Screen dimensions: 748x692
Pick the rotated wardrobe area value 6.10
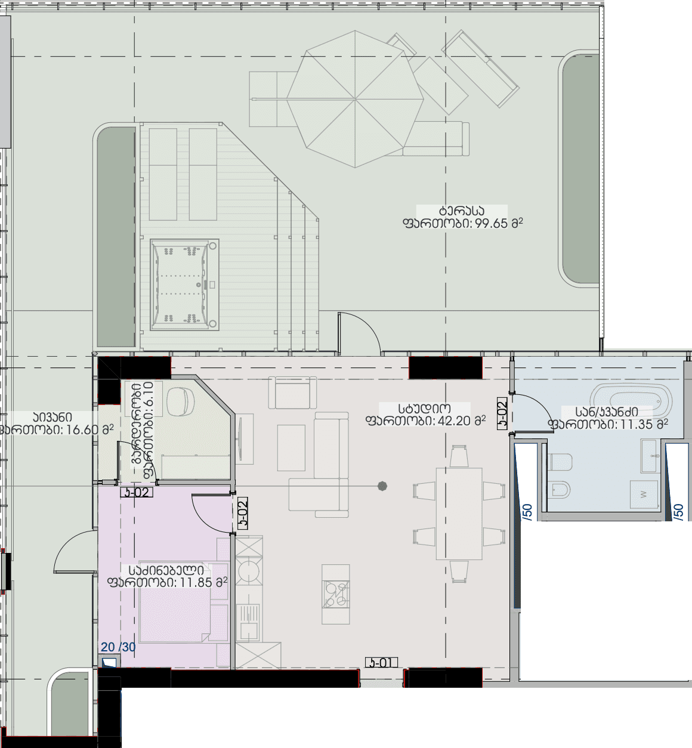[x=148, y=429]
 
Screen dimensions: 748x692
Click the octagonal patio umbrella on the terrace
[x=356, y=98]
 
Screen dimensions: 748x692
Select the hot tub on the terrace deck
[x=184, y=285]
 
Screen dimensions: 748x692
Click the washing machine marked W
[x=643, y=494]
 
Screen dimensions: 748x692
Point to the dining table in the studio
[x=459, y=514]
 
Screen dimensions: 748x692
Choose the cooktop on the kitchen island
[x=335, y=594]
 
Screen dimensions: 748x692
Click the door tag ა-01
[x=381, y=663]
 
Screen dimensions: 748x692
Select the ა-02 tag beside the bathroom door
[x=502, y=413]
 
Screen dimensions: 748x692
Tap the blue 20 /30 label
[x=118, y=647]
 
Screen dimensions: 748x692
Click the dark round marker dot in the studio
[x=382, y=487]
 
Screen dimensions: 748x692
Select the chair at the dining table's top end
[x=459, y=456]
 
